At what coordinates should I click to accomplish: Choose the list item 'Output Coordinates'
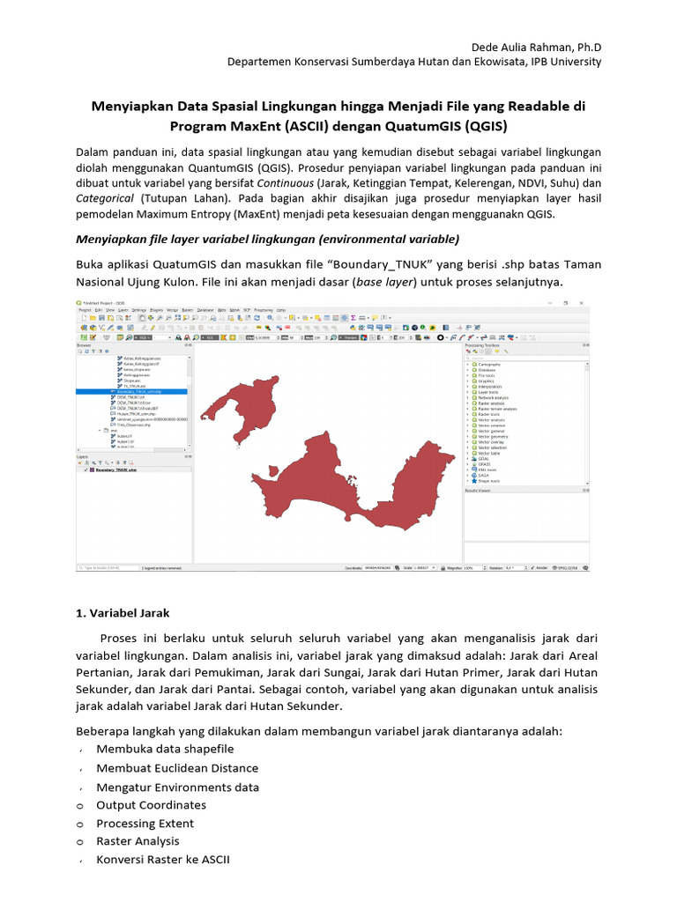tap(151, 805)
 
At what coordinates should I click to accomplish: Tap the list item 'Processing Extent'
tap(146, 824)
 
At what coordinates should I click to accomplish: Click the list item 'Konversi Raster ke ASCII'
tap(163, 859)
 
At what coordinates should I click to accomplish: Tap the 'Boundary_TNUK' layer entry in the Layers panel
tap(118, 470)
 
